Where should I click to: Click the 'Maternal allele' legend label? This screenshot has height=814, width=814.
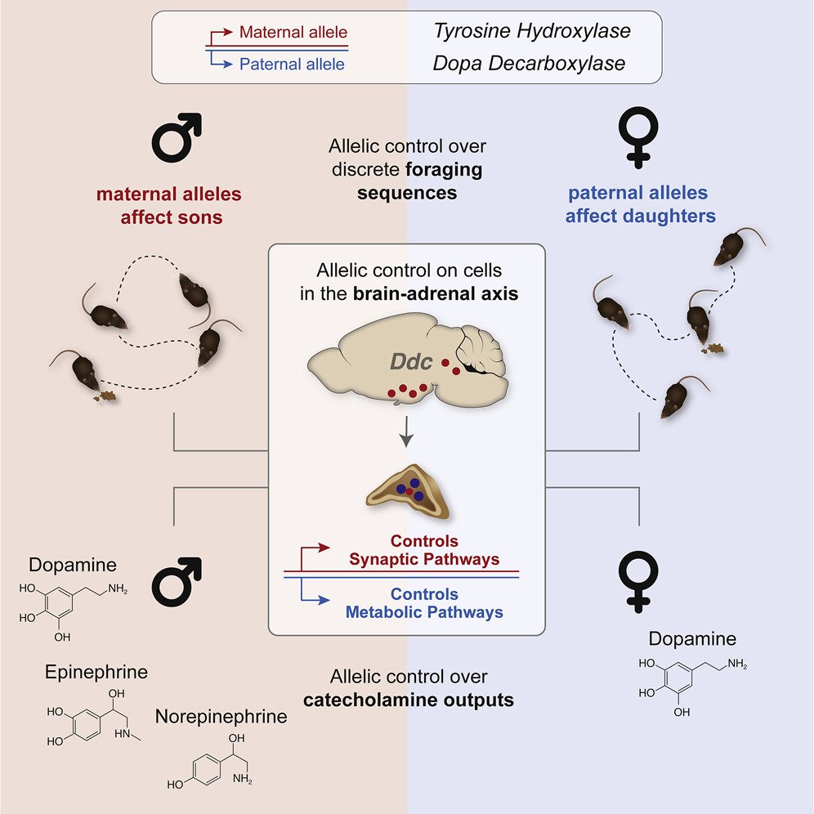pyautogui.click(x=293, y=32)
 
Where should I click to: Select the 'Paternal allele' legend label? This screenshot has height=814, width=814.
pyautogui.click(x=292, y=64)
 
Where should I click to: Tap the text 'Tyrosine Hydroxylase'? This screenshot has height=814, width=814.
pyautogui.click(x=532, y=31)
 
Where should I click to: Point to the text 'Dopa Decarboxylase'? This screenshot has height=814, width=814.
pyautogui.click(x=529, y=63)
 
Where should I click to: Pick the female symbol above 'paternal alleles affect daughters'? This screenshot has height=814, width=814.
pyautogui.click(x=638, y=137)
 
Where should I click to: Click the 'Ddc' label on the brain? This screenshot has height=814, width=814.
pyautogui.click(x=410, y=361)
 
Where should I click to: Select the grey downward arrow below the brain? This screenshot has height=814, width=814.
pyautogui.click(x=406, y=431)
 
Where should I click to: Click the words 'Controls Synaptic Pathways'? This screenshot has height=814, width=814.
pyautogui.click(x=424, y=550)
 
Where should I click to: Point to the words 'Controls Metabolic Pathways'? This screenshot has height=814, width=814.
pyautogui.click(x=424, y=603)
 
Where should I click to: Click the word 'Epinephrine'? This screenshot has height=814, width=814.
pyautogui.click(x=96, y=672)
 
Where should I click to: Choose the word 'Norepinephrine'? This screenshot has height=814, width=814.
pyautogui.click(x=221, y=717)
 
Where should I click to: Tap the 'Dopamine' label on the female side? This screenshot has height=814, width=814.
pyautogui.click(x=692, y=638)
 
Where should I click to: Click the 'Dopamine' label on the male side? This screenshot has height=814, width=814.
pyautogui.click(x=73, y=565)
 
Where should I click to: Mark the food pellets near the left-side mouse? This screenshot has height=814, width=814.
pyautogui.click(x=105, y=396)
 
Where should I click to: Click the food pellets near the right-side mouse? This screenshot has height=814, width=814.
pyautogui.click(x=713, y=348)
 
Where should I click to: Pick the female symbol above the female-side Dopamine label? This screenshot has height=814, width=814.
pyautogui.click(x=638, y=581)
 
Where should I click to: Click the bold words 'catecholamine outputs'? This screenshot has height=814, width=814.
pyautogui.click(x=409, y=700)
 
